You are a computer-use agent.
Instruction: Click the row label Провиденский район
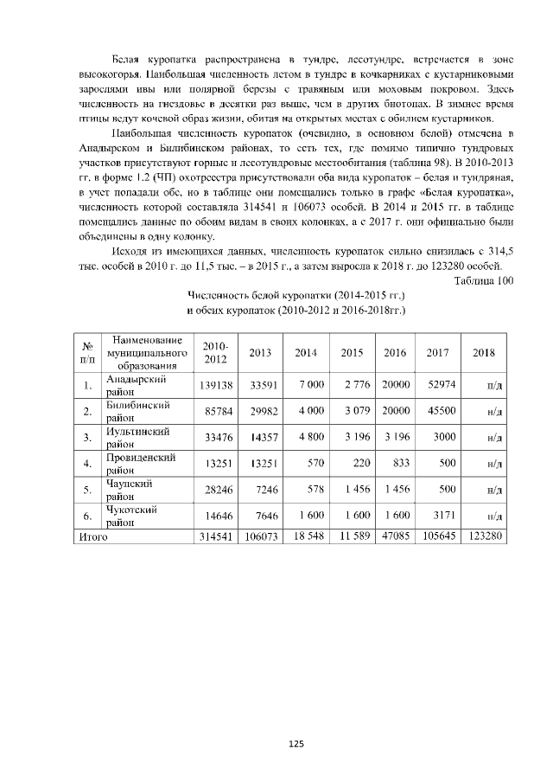[x=140, y=463]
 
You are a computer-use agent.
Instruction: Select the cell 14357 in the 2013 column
[x=260, y=437]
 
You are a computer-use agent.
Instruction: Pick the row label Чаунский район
[x=130, y=490]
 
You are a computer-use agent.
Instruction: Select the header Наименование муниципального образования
[x=144, y=353]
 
